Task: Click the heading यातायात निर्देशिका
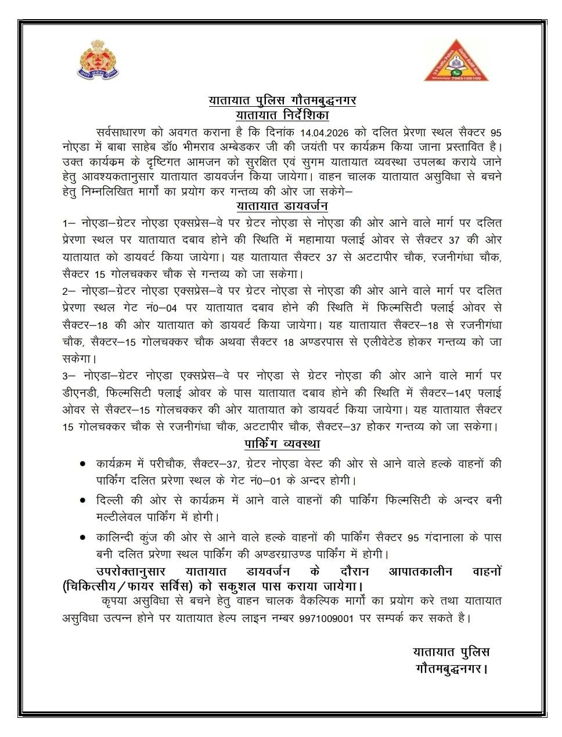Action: [x=282, y=115]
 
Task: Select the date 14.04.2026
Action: [x=325, y=132]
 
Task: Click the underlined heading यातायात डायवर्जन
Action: [x=282, y=206]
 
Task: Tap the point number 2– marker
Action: [x=70, y=290]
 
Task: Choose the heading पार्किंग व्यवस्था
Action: [x=282, y=445]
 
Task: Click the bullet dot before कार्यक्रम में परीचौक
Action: [x=84, y=464]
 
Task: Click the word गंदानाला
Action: [x=440, y=538]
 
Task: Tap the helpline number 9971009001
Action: [x=327, y=618]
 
